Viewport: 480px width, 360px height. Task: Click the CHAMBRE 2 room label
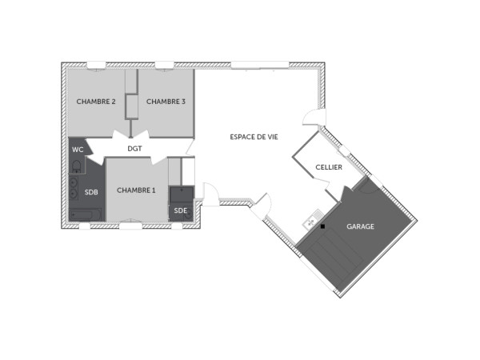click(97, 102)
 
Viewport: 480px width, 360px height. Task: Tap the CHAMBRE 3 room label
click(166, 102)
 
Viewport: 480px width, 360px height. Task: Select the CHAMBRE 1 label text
click(136, 190)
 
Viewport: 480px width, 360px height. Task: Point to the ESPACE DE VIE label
click(254, 137)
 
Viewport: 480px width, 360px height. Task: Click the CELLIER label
click(329, 168)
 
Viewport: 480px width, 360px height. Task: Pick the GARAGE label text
click(360, 226)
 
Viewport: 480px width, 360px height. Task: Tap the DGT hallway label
click(134, 149)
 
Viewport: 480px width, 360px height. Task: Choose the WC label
click(78, 150)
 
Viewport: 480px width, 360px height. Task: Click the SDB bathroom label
click(92, 192)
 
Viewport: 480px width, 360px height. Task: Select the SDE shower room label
click(180, 210)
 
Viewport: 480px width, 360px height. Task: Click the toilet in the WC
click(76, 166)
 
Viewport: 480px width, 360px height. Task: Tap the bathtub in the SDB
click(85, 214)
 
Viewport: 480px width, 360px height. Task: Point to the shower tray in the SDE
click(182, 194)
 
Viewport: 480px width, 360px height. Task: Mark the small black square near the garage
click(322, 226)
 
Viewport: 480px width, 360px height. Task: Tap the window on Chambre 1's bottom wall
click(130, 226)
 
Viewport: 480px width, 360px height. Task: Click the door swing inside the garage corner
click(365, 187)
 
